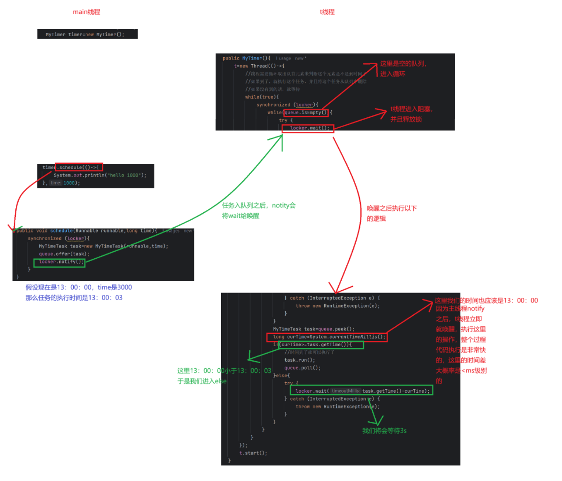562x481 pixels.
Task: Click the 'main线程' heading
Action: click(86, 12)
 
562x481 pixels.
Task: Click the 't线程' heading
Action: click(327, 12)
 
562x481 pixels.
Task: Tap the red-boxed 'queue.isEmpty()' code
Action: click(306, 113)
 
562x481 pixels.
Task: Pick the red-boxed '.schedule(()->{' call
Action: click(78, 168)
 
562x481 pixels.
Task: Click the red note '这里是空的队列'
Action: click(403, 63)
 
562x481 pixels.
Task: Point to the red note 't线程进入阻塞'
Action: click(411, 109)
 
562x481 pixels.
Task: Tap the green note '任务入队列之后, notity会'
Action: click(258, 206)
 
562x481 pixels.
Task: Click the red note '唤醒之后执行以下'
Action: click(392, 208)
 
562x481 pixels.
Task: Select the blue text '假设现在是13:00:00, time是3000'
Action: click(79, 287)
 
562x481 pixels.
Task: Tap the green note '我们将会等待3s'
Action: click(384, 431)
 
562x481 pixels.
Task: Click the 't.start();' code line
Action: click(253, 453)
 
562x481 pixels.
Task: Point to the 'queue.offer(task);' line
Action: click(64, 254)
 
